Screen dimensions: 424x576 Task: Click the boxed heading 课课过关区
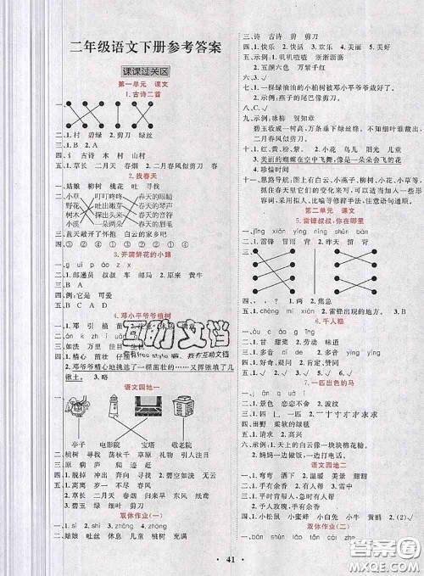click(144, 73)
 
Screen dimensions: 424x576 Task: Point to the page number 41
click(212, 562)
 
